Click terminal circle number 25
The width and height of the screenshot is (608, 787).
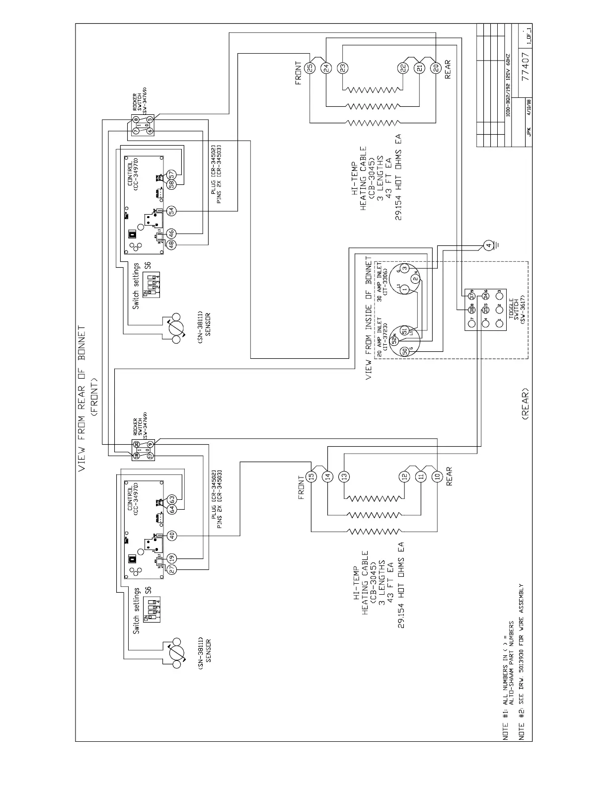click(310, 68)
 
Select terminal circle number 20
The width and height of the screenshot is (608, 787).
click(436, 68)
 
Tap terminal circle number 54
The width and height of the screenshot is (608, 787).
click(171, 211)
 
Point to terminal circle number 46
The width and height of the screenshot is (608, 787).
click(171, 233)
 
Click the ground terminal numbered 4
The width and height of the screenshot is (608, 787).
click(488, 245)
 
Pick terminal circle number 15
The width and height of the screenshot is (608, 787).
click(311, 476)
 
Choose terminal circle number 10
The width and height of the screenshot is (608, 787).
click(437, 476)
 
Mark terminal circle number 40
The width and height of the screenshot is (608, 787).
click(171, 536)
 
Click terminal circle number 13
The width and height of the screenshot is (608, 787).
click(344, 476)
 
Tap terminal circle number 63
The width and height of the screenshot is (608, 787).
click(171, 498)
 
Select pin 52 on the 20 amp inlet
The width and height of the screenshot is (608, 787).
click(395, 341)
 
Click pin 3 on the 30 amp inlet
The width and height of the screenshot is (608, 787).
click(405, 268)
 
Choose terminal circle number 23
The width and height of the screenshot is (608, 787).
click(343, 68)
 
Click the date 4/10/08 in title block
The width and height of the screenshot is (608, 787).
click(529, 117)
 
